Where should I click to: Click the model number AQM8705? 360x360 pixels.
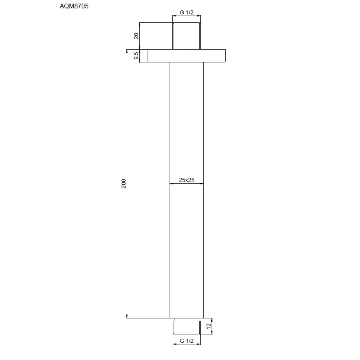point(74,6)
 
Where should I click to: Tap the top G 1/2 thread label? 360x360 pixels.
point(186,12)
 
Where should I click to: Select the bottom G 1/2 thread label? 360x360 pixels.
point(186,341)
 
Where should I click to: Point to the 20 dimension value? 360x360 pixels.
point(136,36)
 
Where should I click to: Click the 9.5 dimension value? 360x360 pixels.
point(136,56)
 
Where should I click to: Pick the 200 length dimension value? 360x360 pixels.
point(124,184)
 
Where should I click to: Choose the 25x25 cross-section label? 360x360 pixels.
point(186,180)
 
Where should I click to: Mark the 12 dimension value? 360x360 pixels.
point(209,326)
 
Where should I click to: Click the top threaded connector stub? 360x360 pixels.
point(187,36)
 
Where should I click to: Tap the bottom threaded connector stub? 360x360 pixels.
point(187,327)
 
